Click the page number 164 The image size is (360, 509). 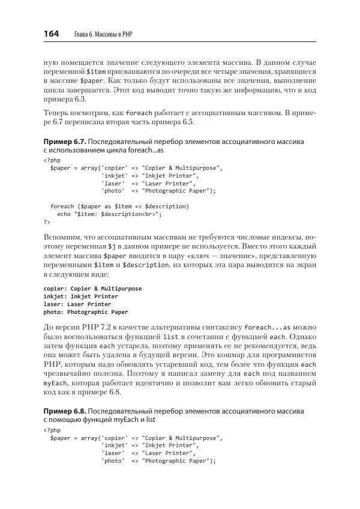point(51,35)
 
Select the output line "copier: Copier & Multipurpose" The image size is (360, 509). point(92,288)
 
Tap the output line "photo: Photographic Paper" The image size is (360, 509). point(85,312)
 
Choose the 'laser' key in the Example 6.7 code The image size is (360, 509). point(113,183)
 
